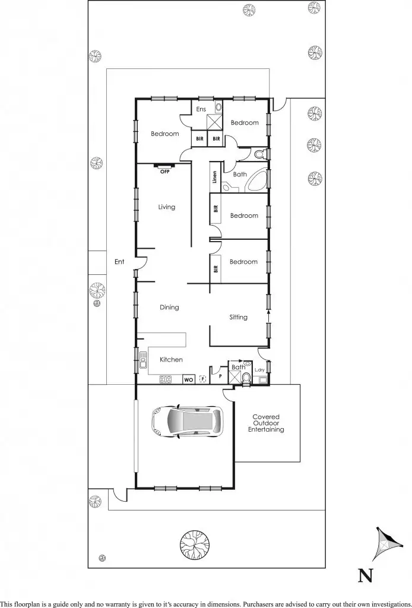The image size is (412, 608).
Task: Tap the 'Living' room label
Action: (x=166, y=207)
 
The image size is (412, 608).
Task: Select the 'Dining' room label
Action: (x=169, y=308)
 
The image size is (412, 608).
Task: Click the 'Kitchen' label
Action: (x=171, y=360)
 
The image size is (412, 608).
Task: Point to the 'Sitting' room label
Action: (x=238, y=317)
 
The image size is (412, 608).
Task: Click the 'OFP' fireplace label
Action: (x=164, y=172)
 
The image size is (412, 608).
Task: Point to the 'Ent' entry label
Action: (x=119, y=261)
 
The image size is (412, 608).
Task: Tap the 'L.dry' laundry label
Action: (x=259, y=370)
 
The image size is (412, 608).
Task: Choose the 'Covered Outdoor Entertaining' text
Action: (x=265, y=423)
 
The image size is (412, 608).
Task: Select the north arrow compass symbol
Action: (x=385, y=544)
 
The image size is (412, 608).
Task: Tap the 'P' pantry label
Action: (x=220, y=375)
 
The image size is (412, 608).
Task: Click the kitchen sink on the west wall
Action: (x=143, y=360)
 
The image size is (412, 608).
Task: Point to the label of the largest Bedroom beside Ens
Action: (x=164, y=134)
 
